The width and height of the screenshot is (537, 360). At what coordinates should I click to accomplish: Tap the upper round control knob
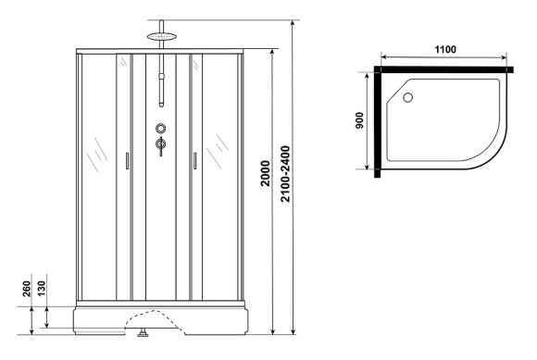point(161,129)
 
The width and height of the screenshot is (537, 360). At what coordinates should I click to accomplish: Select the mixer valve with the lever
point(161,144)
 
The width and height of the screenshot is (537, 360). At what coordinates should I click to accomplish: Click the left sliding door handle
point(127,161)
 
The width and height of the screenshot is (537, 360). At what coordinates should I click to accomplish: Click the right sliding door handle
point(195,161)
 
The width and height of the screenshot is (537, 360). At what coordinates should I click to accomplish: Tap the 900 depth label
point(358,121)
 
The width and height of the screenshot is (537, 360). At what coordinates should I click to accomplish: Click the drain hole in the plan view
point(407,94)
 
